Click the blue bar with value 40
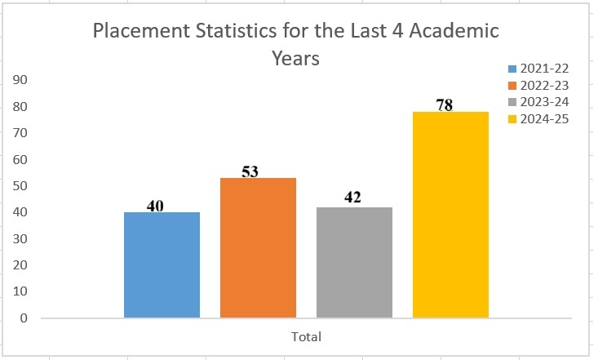pos(162,264)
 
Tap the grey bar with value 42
pos(354,262)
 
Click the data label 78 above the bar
pos(444,104)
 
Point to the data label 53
pos(251,171)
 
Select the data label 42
pos(352,198)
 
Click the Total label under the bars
pos(306,336)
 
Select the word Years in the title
pos(296,59)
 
